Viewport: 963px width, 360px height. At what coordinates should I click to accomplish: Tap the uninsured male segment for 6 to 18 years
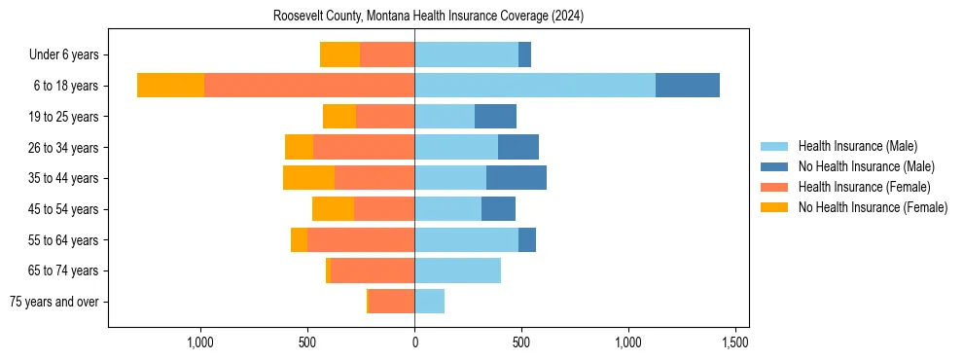click(688, 86)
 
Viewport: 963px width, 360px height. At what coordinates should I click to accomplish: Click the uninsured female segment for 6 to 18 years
click(170, 86)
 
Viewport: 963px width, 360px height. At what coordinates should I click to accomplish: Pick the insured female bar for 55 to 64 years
click(361, 239)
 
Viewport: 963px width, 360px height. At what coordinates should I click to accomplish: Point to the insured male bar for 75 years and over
click(429, 302)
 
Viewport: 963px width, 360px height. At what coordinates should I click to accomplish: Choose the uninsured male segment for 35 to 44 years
click(517, 178)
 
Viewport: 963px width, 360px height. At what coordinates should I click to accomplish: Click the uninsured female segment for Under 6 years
click(339, 54)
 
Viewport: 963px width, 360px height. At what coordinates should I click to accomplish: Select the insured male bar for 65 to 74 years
click(457, 270)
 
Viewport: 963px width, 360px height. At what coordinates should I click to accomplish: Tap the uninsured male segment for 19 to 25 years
click(495, 117)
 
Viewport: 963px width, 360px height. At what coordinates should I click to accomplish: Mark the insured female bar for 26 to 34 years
click(364, 147)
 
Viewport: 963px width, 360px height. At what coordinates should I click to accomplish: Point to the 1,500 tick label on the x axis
click(734, 342)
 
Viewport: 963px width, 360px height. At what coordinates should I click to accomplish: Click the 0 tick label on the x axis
click(414, 342)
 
